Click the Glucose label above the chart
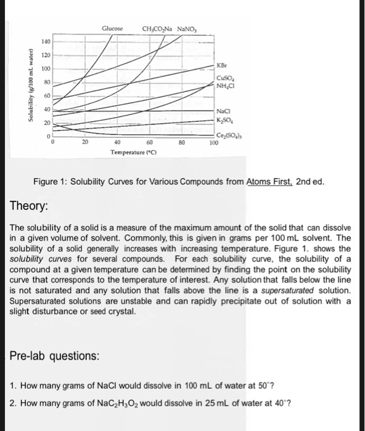coord(113,28)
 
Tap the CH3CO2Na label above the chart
coord(158,28)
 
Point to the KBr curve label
coord(223,64)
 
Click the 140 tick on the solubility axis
coord(45,41)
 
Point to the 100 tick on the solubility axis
coord(45,68)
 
